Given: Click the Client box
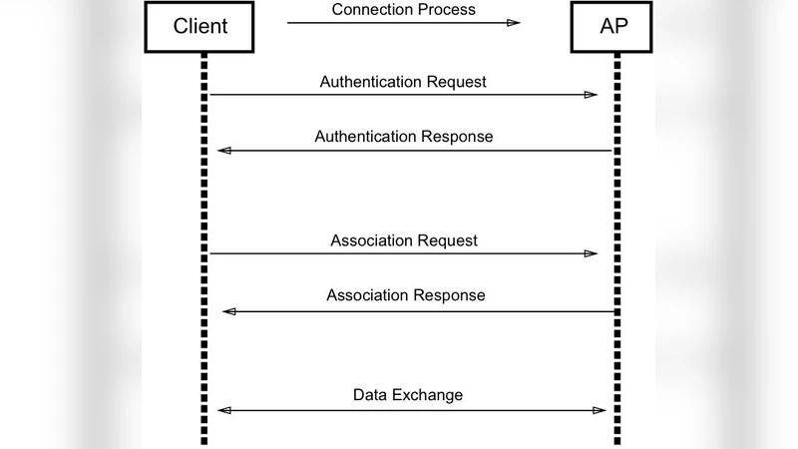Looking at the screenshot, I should click(200, 26).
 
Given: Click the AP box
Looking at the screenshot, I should click(614, 26).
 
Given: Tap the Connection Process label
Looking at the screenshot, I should click(403, 10).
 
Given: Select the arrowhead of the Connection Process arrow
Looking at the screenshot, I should click(513, 22).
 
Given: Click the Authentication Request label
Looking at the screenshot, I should click(403, 82).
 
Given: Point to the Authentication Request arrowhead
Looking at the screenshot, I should click(591, 95).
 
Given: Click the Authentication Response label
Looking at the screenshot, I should click(403, 137).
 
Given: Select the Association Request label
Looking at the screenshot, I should click(403, 240).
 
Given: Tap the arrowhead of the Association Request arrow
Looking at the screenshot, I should click(591, 253).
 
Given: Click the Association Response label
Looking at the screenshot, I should click(405, 295).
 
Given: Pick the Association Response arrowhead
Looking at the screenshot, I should click(228, 311).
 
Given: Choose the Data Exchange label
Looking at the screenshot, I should click(408, 395).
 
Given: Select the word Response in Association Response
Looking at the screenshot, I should click(451, 295).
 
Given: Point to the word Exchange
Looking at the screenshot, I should click(430, 395).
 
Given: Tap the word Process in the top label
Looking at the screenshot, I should click(448, 10).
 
